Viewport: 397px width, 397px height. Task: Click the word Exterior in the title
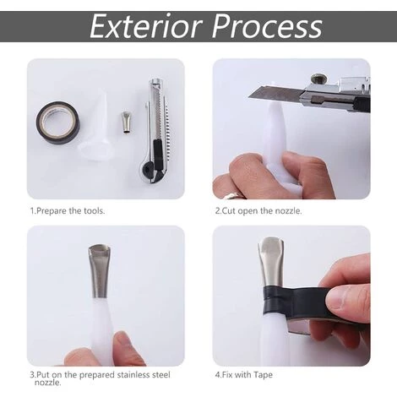[x=146, y=26]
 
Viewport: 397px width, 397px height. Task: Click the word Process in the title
[x=267, y=26]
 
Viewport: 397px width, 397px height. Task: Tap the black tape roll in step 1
[x=58, y=123]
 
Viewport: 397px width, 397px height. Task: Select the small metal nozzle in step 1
[x=124, y=122]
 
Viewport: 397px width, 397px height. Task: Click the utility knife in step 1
[x=155, y=130]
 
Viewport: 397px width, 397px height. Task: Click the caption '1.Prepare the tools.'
[x=68, y=210]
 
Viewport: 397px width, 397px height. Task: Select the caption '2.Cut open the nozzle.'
[x=258, y=210]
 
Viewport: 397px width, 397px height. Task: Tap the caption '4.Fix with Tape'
[x=244, y=375]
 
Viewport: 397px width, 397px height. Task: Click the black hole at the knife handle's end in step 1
[x=146, y=169]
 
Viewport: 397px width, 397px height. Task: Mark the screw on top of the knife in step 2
[x=318, y=78]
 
